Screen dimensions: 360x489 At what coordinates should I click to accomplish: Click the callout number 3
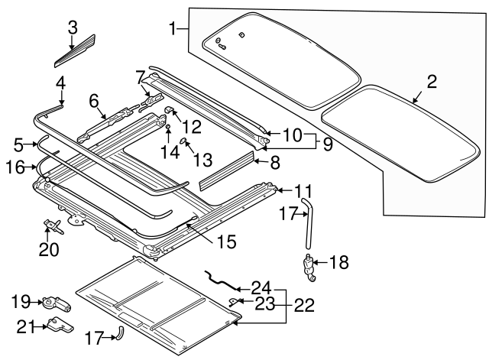tap(72, 28)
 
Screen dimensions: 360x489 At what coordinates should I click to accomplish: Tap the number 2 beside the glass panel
tap(432, 82)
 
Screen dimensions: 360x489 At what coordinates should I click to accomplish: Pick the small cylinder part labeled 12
tap(170, 115)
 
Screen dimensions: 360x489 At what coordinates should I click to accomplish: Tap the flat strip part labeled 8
tap(225, 170)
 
